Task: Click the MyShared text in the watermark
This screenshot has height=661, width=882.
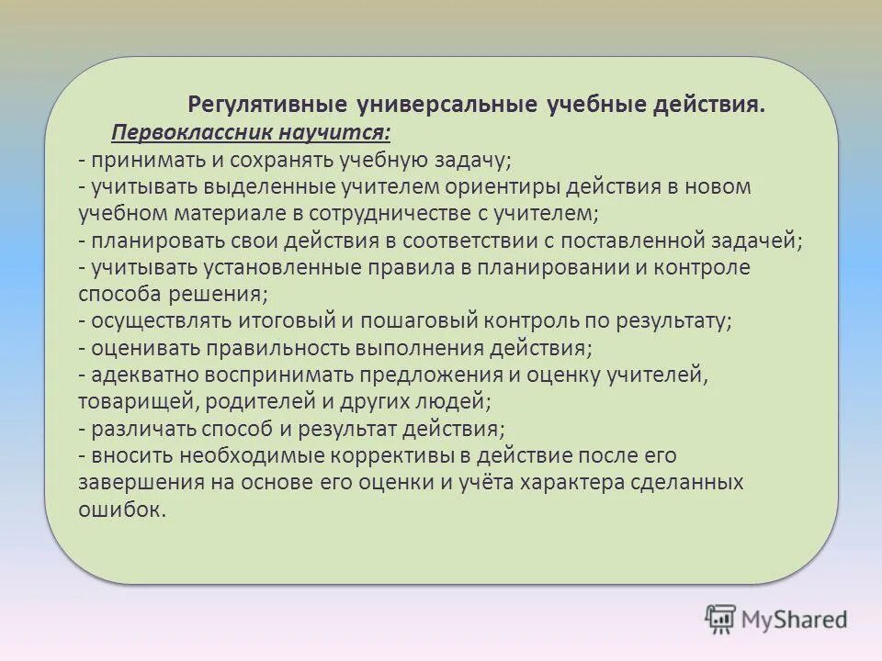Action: click(794, 620)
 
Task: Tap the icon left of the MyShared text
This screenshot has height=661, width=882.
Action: click(720, 619)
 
